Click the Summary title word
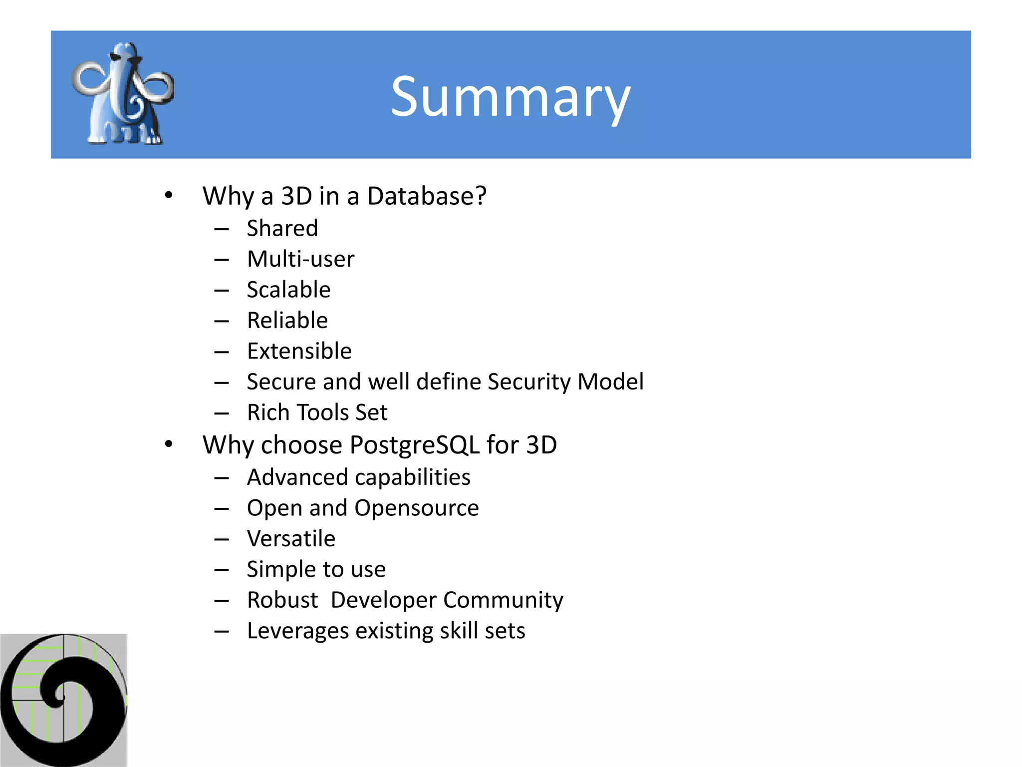[510, 97]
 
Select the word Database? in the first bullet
[427, 196]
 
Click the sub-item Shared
[282, 229]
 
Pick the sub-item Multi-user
[300, 259]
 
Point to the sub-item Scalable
[288, 290]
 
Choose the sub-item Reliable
[287, 321]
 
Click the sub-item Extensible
[299, 351]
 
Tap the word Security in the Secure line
[529, 382]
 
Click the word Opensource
[417, 508]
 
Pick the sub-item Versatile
[291, 539]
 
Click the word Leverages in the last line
[297, 631]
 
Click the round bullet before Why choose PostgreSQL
[169, 443]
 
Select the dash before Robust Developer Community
[222, 601]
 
